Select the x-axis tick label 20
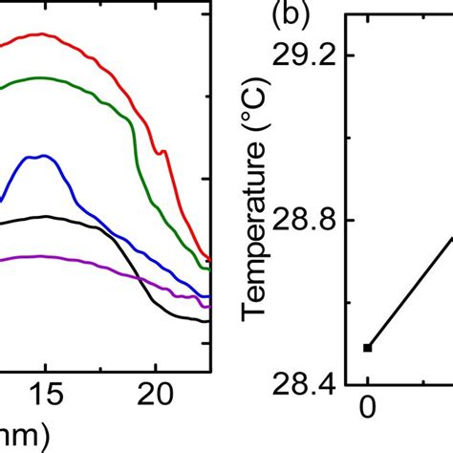tap(154, 392)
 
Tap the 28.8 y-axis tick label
tap(313, 221)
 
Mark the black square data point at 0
tap(368, 347)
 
